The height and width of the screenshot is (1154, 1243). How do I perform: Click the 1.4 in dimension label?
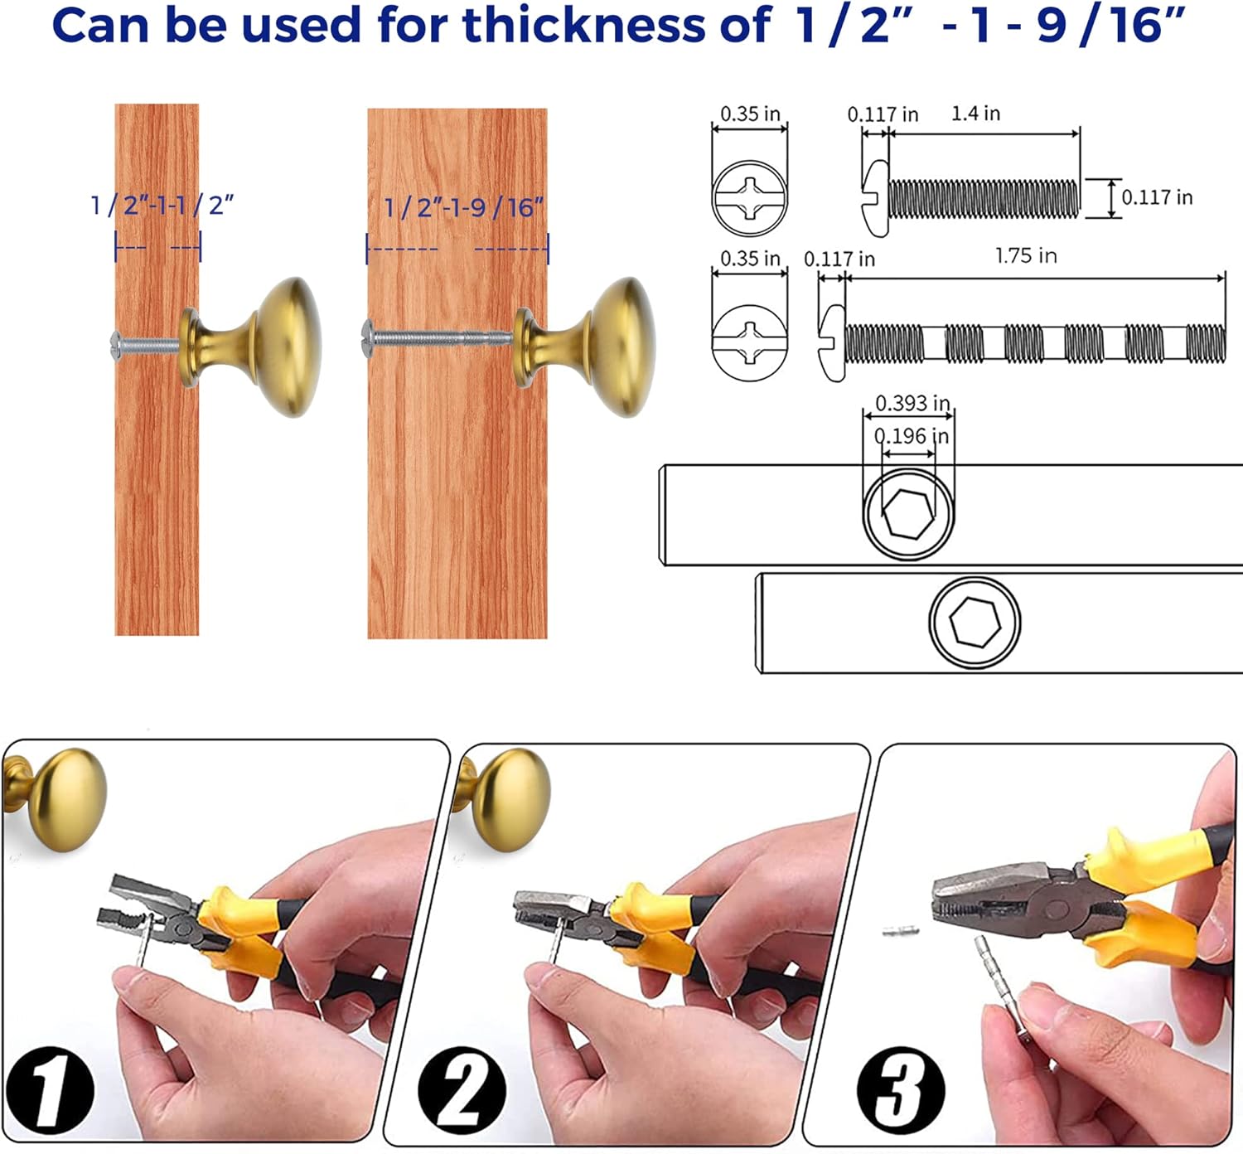[x=975, y=114]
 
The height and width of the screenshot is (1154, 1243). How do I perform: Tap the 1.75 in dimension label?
[x=1026, y=255]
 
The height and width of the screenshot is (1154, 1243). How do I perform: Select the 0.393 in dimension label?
[x=912, y=403]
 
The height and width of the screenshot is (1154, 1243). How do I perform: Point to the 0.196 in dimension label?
[x=912, y=436]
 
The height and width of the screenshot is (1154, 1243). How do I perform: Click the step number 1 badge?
[x=50, y=1090]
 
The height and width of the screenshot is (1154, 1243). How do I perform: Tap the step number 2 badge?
[x=462, y=1090]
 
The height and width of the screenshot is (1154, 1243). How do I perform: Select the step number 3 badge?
[x=901, y=1090]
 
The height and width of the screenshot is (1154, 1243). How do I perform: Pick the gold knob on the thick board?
[x=584, y=347]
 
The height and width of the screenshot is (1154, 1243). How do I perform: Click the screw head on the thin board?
[x=116, y=347]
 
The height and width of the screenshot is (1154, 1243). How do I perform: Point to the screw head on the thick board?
[x=367, y=339]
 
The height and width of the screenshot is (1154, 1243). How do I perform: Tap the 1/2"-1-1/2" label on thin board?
[x=162, y=205]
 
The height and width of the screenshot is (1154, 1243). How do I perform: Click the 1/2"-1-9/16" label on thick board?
[x=463, y=207]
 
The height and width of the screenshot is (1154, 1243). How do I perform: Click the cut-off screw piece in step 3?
[x=901, y=932]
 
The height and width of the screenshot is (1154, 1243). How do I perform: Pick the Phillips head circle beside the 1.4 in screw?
[x=750, y=198]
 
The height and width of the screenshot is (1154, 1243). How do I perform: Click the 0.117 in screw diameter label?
[x=1157, y=197]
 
